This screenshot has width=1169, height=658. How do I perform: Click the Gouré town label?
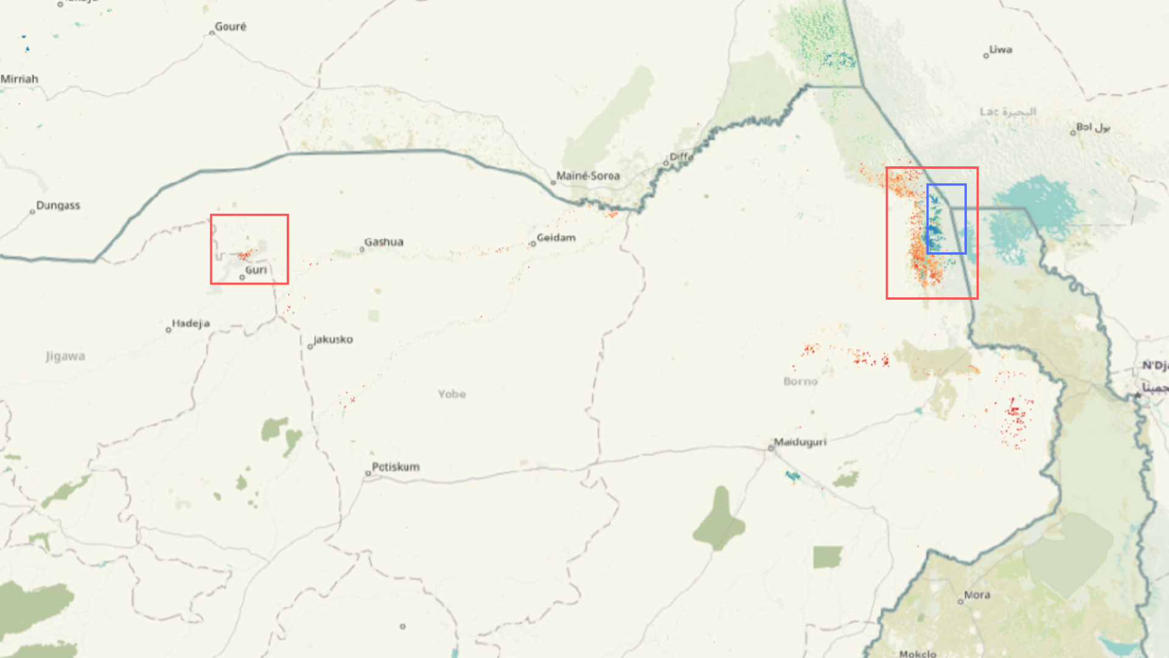point(231,27)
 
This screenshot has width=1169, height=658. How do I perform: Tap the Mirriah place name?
point(19,79)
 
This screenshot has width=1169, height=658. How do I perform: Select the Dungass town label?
point(58,205)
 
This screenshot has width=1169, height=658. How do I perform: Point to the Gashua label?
point(384,242)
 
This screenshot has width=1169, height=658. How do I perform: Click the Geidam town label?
point(556,238)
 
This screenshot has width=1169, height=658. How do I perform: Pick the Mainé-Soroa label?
point(588,176)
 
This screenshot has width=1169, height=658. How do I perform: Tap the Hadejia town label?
point(191,324)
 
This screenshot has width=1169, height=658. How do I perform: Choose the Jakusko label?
point(333,339)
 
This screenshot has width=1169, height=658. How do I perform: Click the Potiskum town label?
point(396,467)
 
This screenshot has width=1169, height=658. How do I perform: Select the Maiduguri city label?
point(800,442)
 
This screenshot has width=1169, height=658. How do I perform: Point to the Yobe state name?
point(452,394)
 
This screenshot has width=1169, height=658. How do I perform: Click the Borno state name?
point(800,381)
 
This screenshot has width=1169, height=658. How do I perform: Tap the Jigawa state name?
point(65,356)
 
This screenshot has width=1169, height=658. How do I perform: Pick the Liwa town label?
point(1000,49)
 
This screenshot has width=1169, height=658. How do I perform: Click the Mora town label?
point(977,595)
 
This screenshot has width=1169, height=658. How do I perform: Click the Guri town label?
point(256,270)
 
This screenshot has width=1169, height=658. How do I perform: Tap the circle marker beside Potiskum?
point(368,473)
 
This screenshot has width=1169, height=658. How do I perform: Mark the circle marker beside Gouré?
point(212,33)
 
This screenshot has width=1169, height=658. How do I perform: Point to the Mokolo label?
point(918,653)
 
